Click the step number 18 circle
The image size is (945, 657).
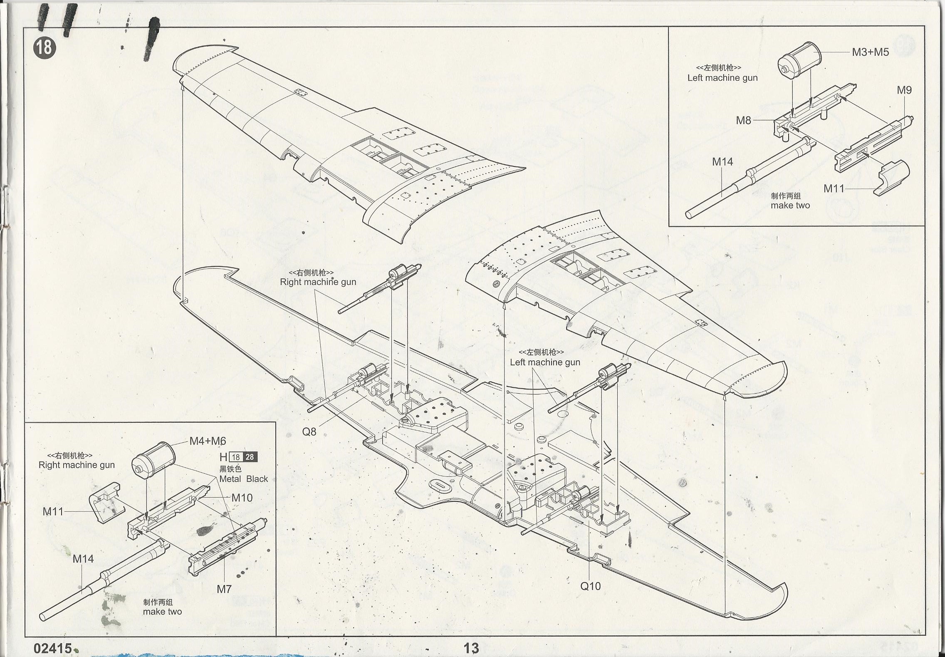(45, 48)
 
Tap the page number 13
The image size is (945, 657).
(471, 648)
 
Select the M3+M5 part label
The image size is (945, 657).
(870, 52)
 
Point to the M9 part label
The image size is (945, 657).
(904, 90)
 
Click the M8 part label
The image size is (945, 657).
(744, 120)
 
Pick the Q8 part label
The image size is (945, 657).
(309, 432)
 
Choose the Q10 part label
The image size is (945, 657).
(590, 586)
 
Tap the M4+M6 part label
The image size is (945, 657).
(208, 441)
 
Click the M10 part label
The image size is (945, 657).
(242, 498)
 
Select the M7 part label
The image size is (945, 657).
(224, 589)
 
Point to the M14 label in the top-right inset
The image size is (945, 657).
(722, 161)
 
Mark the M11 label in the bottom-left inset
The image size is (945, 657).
(53, 511)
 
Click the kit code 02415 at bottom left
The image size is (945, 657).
(53, 648)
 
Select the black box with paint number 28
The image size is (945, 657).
(250, 457)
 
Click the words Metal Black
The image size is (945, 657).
(243, 479)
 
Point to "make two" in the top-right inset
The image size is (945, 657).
(790, 205)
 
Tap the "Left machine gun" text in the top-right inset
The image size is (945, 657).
(722, 78)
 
